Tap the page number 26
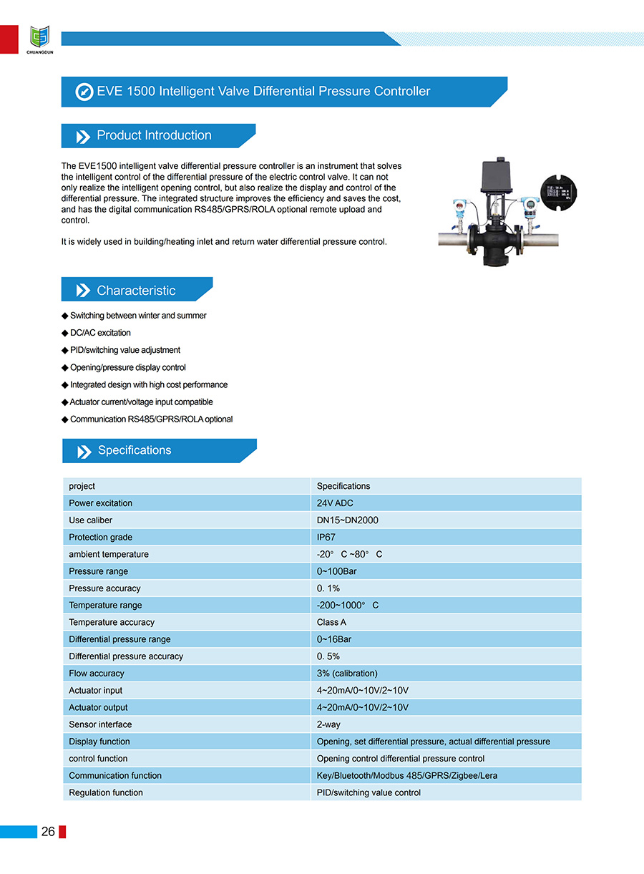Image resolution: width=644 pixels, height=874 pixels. tap(49, 831)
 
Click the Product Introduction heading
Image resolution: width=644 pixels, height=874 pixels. tap(154, 135)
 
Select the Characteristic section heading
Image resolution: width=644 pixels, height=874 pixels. tap(136, 291)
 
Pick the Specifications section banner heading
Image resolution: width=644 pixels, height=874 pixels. tap(135, 450)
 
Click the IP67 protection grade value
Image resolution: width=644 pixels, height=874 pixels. tap(326, 538)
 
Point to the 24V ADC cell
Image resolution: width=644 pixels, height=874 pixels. tap(335, 503)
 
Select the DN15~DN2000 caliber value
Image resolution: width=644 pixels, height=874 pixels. tap(348, 520)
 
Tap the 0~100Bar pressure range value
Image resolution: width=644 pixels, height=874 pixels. tap(337, 571)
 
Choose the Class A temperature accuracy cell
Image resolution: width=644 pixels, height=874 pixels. tap(331, 623)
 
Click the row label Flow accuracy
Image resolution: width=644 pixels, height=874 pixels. tap(97, 674)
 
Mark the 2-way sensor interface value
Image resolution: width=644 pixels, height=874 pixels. tap(328, 724)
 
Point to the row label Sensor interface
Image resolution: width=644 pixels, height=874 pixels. tap(100, 724)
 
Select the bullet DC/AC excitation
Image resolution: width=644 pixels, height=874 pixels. tap(100, 333)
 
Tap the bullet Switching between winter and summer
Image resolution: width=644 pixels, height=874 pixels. tap(138, 316)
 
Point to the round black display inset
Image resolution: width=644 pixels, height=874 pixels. tap(560, 193)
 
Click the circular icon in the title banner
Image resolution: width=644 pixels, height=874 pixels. tap(84, 92)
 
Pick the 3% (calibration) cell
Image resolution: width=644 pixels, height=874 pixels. tap(347, 674)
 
